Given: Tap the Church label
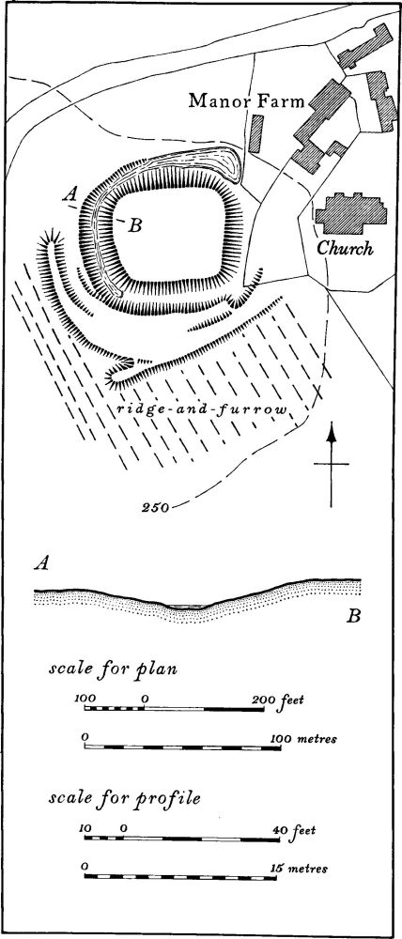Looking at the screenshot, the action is click(x=345, y=249).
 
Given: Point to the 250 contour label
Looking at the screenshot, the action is click(x=155, y=508).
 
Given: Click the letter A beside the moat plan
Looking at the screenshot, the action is click(x=71, y=193).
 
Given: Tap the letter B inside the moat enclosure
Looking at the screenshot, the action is click(x=135, y=225).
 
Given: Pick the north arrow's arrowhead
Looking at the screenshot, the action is click(x=331, y=432).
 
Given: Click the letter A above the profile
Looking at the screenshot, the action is click(x=41, y=564).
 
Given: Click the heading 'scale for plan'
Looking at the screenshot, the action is click(x=113, y=669).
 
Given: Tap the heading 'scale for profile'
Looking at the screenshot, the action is click(x=125, y=799).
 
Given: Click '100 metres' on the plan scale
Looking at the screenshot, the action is click(x=308, y=738).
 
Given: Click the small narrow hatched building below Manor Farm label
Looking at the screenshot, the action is click(x=256, y=134).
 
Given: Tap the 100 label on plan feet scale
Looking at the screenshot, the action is click(x=85, y=699).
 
